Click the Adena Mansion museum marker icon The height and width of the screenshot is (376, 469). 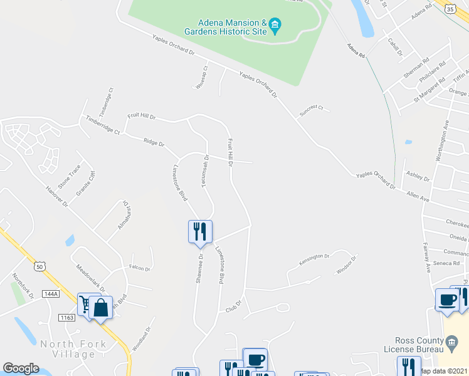276,28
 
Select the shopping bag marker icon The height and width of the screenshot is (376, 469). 100,307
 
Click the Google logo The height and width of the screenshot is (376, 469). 21,368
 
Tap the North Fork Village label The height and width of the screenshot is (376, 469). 68,349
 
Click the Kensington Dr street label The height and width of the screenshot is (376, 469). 315,256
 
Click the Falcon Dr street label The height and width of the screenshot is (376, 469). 139,268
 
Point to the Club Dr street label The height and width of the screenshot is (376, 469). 233,310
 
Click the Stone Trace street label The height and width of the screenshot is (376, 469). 69,177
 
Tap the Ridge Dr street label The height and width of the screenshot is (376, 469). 154,144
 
